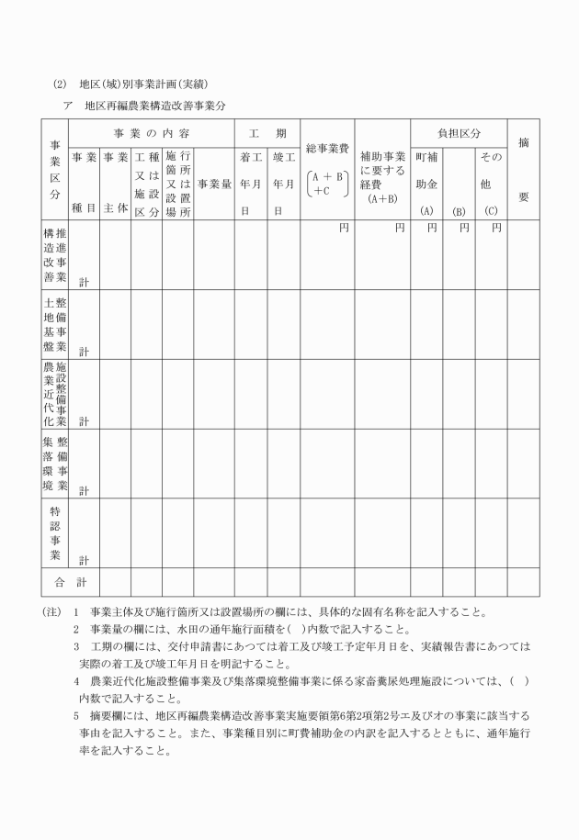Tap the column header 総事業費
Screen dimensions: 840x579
click(326, 149)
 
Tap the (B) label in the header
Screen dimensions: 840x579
click(459, 211)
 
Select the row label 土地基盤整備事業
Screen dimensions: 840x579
click(54, 323)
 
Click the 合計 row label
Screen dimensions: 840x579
click(69, 582)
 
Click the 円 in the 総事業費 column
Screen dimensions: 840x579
click(343, 228)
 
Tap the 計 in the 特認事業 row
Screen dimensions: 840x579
click(84, 558)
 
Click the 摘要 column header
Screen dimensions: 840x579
click(523, 170)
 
